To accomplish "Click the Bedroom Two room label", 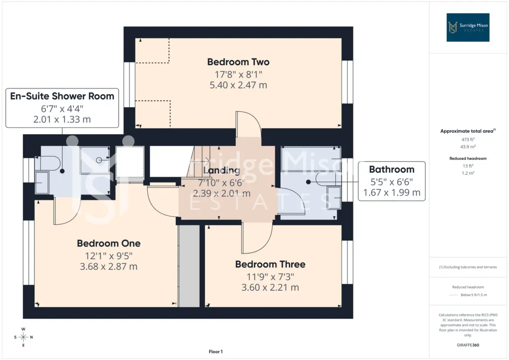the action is click(238, 62).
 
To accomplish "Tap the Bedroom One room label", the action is click(109, 243).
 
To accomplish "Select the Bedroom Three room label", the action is click(270, 264).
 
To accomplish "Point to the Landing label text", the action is click(222, 171).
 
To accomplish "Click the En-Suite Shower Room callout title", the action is click(62, 96).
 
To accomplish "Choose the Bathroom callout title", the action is click(392, 170).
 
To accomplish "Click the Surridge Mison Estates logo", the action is click(468, 27).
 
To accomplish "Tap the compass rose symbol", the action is click(23, 337).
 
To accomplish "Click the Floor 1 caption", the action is click(216, 351).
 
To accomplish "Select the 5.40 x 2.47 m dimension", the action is click(238, 85).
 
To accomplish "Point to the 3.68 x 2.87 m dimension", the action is click(109, 266).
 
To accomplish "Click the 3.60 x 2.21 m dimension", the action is click(270, 287).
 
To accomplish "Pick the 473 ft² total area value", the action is click(468, 139).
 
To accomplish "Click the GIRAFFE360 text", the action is click(468, 345).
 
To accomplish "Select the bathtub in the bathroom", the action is click(311, 159).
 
